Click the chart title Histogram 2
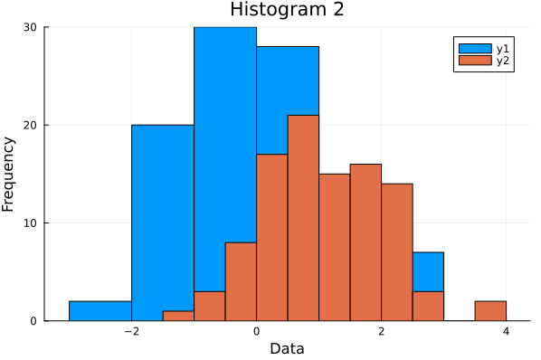(275, 10)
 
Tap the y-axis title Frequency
(9, 174)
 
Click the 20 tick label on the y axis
(31, 125)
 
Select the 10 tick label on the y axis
(31, 223)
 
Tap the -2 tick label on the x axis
(130, 331)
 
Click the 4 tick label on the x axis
(506, 331)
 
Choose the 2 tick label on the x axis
(382, 331)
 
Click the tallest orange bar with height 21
(303, 217)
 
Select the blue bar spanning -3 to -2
(100, 311)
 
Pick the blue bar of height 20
(163, 223)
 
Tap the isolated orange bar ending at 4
(490, 311)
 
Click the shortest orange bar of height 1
(178, 316)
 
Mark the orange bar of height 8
(241, 281)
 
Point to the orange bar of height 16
(365, 242)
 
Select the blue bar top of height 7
(428, 271)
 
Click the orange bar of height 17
(271, 237)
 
